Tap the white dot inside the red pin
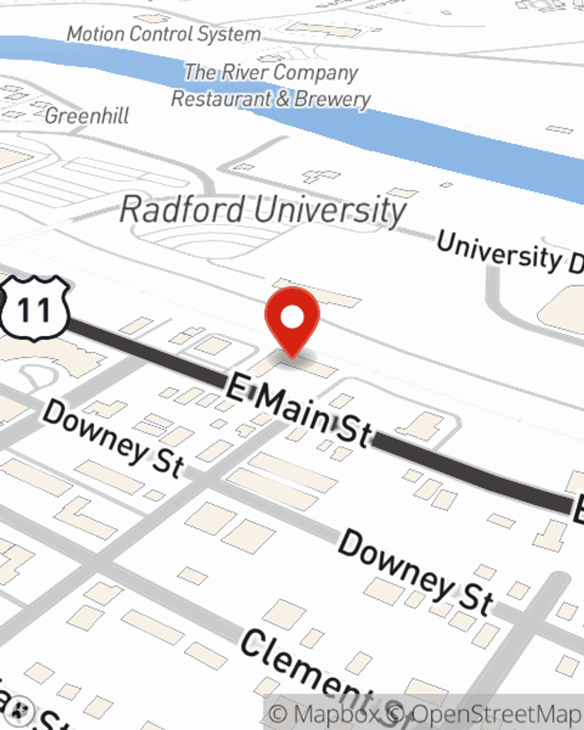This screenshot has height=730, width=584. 292,317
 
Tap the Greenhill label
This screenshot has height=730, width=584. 87,116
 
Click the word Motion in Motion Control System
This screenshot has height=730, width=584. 96,34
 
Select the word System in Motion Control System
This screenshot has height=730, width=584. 229,34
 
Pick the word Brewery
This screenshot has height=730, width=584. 332,99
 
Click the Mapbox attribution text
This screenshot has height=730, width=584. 324,714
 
